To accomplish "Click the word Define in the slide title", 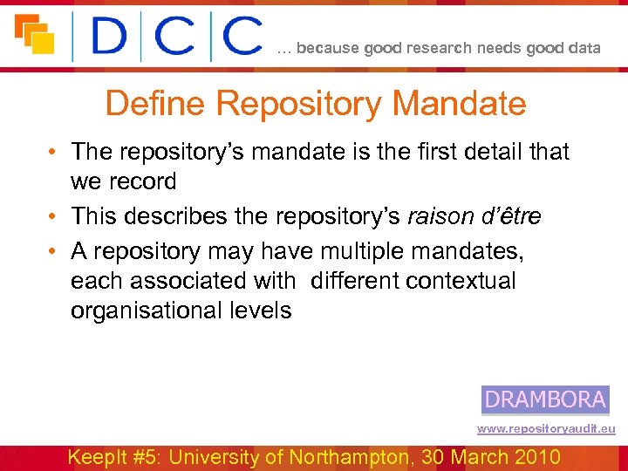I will point(156,105).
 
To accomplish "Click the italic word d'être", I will point(513,215).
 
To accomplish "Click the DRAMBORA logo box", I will point(545,399).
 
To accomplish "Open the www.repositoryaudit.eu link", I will point(545,429).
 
